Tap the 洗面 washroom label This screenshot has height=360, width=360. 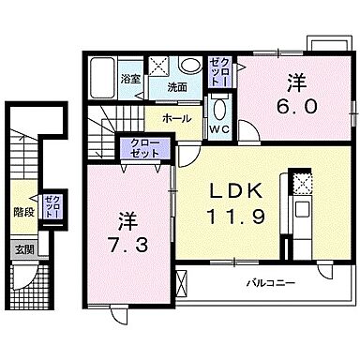point(177,88)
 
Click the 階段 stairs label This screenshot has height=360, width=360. point(22,213)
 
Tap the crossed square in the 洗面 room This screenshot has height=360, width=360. point(160,67)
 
